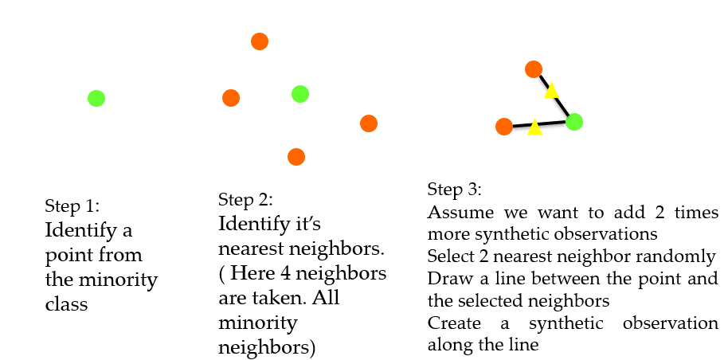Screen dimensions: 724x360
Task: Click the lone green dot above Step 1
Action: tap(96, 98)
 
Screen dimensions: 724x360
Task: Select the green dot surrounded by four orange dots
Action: tap(300, 94)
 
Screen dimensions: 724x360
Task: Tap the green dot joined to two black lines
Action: tap(574, 122)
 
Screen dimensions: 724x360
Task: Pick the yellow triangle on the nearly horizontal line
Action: tap(534, 127)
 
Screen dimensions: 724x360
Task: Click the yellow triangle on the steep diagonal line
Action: tap(551, 90)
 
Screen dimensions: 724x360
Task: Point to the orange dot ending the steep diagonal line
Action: tap(534, 69)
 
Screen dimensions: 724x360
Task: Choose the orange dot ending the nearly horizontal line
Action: tap(503, 127)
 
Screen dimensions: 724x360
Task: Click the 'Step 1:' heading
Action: tap(72, 205)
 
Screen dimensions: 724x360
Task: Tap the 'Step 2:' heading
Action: tap(245, 200)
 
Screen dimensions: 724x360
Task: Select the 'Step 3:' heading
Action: tap(454, 190)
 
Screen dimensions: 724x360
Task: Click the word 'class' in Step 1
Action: tap(66, 304)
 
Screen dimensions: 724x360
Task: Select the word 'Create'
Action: tap(454, 323)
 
